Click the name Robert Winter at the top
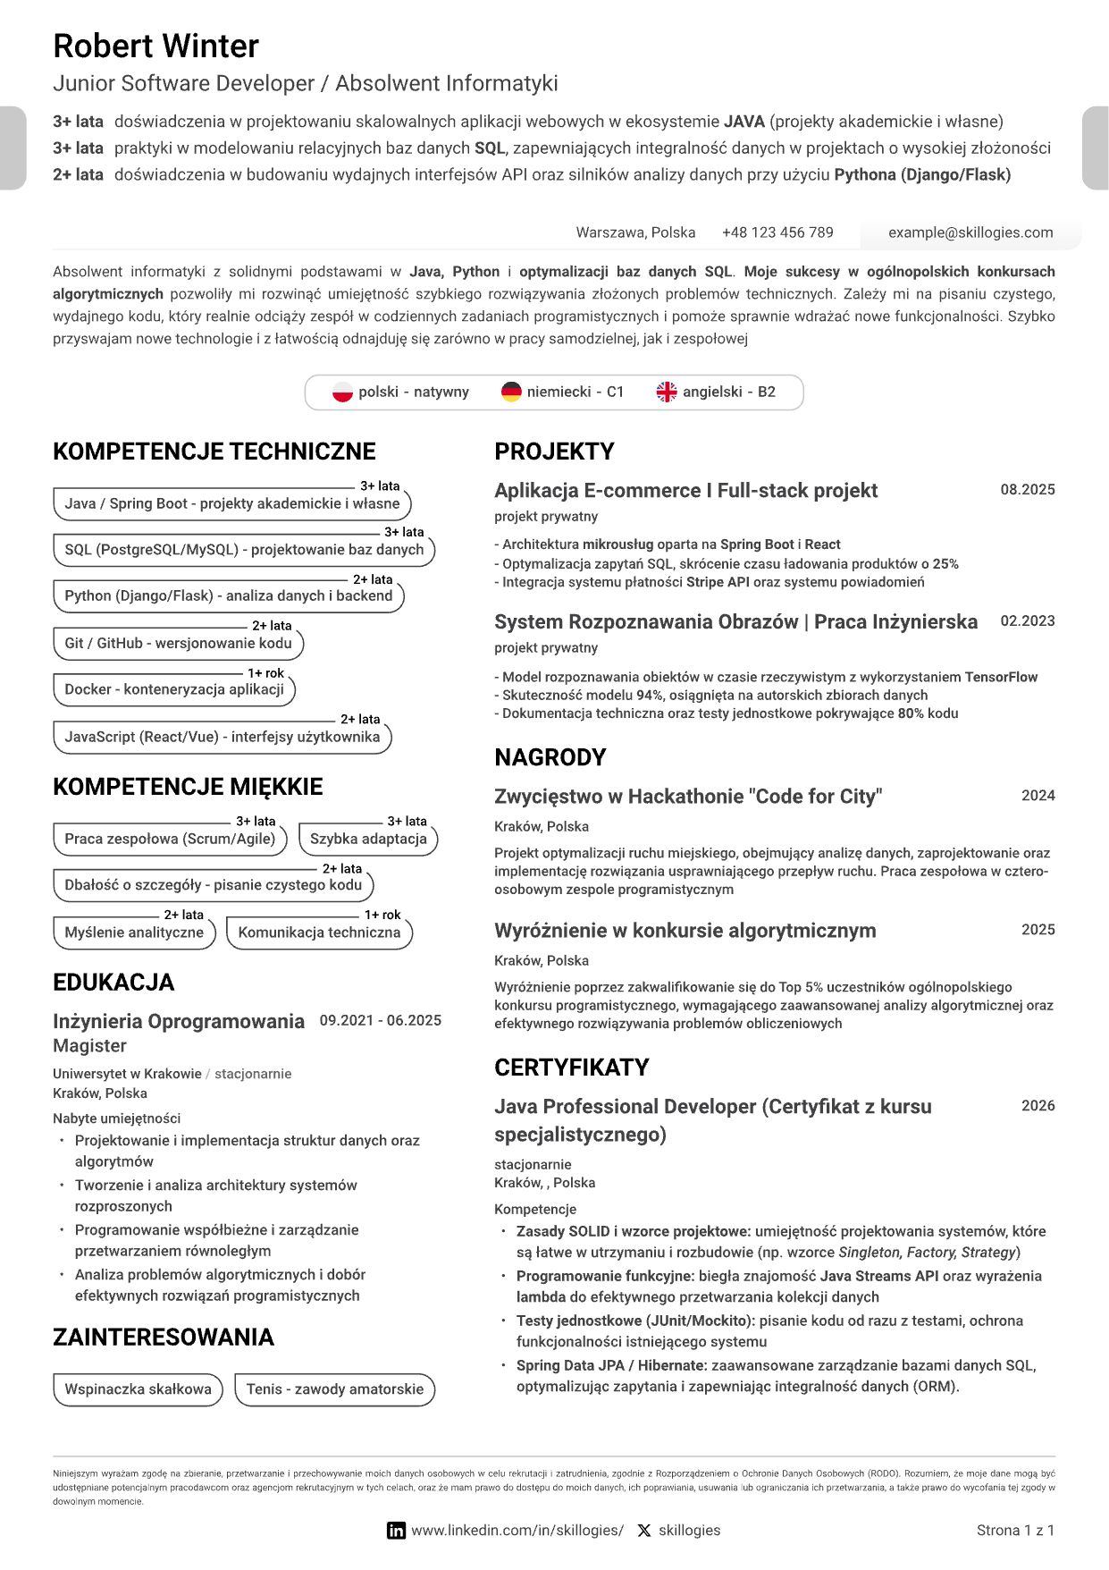[155, 46]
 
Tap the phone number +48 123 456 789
[777, 232]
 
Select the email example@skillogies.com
[970, 232]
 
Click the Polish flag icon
[342, 392]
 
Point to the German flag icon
[511, 392]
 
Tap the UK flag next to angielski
[667, 392]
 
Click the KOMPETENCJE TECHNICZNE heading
[214, 452]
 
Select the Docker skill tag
[174, 689]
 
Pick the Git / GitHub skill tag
[178, 643]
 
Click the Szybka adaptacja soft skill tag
[368, 839]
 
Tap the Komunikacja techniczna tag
[319, 933]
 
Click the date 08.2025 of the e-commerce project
[1028, 490]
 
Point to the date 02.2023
[1028, 621]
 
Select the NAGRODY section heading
[550, 757]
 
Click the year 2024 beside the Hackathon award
[1038, 796]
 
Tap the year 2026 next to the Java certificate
[1038, 1106]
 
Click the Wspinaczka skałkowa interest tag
[138, 1389]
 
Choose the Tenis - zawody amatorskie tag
[334, 1389]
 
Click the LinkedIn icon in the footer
[396, 1531]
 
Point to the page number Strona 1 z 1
[1015, 1531]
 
